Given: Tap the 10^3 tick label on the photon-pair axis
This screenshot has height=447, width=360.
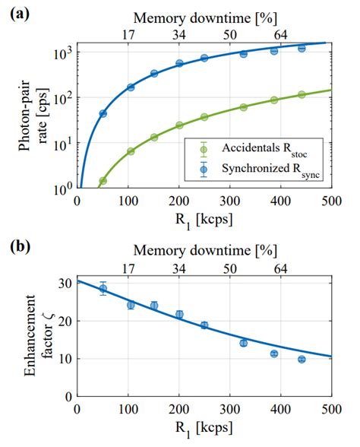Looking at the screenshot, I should point(61,52).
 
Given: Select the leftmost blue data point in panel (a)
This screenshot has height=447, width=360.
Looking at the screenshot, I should point(103,113).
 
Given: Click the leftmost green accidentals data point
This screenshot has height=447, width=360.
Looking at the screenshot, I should point(103,181).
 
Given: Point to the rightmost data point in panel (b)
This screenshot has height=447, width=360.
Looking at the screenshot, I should point(302,360).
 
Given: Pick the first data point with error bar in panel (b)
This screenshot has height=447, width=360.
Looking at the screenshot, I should point(103,288).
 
